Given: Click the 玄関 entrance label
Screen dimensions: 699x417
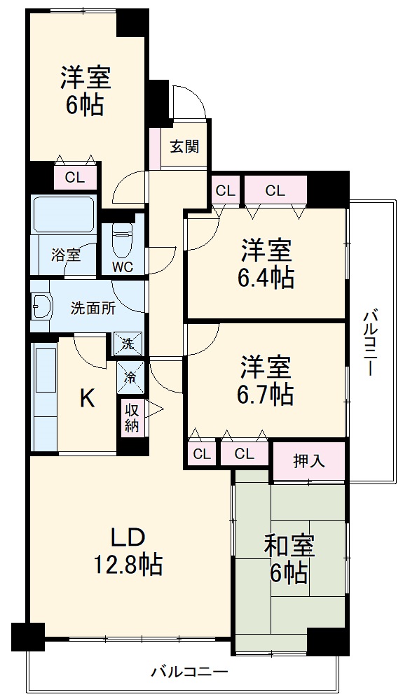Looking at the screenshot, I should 185,147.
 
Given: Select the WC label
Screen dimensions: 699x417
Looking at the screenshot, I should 123,266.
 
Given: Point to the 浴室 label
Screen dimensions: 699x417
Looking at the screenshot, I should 65,255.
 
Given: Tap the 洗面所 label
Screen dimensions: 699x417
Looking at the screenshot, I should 93,308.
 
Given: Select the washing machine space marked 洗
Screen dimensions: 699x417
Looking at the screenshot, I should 128,344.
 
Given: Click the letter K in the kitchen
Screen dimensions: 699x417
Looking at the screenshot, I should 86,398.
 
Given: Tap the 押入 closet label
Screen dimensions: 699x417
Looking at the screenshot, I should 308,461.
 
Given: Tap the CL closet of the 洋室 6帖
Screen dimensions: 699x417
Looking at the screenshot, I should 75,178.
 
